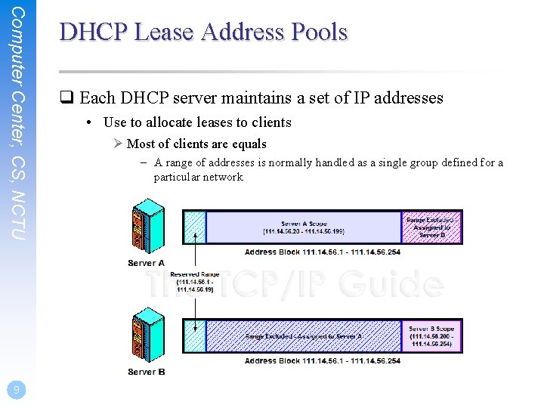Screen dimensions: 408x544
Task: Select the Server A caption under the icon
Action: coord(147,263)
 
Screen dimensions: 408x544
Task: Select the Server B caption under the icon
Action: coord(147,372)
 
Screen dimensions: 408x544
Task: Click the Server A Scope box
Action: coord(302,227)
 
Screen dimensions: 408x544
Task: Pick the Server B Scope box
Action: coord(431,336)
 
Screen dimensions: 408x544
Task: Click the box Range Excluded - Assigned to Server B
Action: coord(431,227)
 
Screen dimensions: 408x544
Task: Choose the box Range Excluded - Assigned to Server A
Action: coord(303,336)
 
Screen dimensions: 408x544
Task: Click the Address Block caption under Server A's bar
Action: coord(322,252)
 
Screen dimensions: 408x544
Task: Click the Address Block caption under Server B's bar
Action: coord(322,361)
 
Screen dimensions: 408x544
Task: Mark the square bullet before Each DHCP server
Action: coord(66,98)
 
